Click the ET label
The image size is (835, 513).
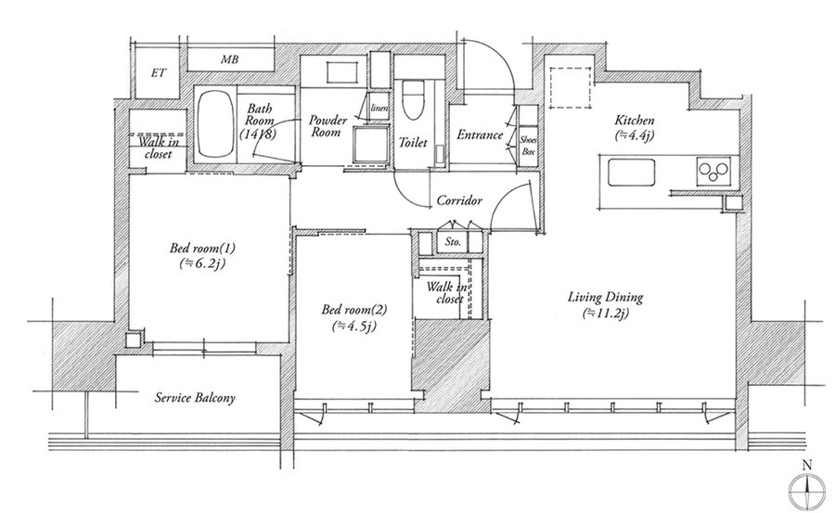158,73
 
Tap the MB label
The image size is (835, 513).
229,59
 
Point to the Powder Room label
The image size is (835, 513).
327,126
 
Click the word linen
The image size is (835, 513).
379,109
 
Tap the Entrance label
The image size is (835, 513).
480,135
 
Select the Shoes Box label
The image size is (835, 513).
528,146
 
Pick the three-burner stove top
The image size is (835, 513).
713,171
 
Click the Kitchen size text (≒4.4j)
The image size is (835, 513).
634,135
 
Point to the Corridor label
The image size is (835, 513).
459,200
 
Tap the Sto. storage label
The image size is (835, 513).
453,242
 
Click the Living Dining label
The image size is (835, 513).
605,297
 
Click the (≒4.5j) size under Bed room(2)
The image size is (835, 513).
354,326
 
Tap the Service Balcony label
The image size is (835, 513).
195,397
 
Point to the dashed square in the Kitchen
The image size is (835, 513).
570,87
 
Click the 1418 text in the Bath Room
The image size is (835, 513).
258,134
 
